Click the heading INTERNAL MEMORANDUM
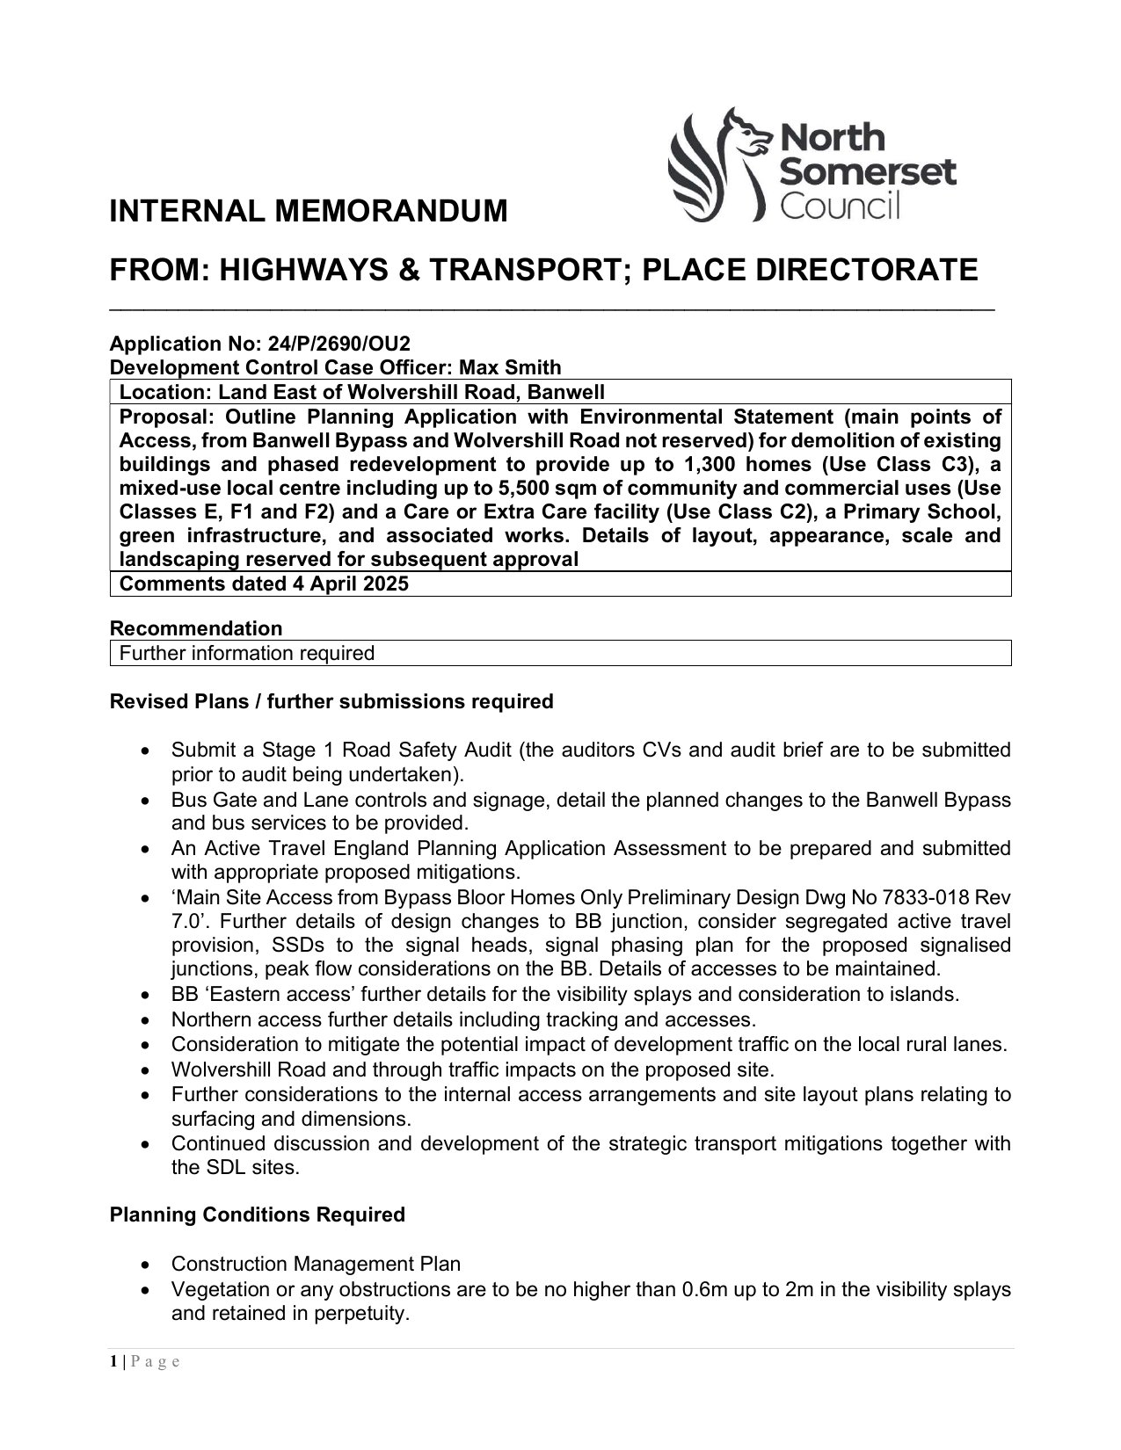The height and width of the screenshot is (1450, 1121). (x=308, y=211)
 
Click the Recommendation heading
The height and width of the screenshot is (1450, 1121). (x=196, y=628)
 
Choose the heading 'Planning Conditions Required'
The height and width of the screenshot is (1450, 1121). (x=258, y=1214)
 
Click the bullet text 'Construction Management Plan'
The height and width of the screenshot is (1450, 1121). (x=316, y=1264)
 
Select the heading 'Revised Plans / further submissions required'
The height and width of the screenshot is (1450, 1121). (x=331, y=701)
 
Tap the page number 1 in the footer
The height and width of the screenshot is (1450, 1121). (x=113, y=1362)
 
